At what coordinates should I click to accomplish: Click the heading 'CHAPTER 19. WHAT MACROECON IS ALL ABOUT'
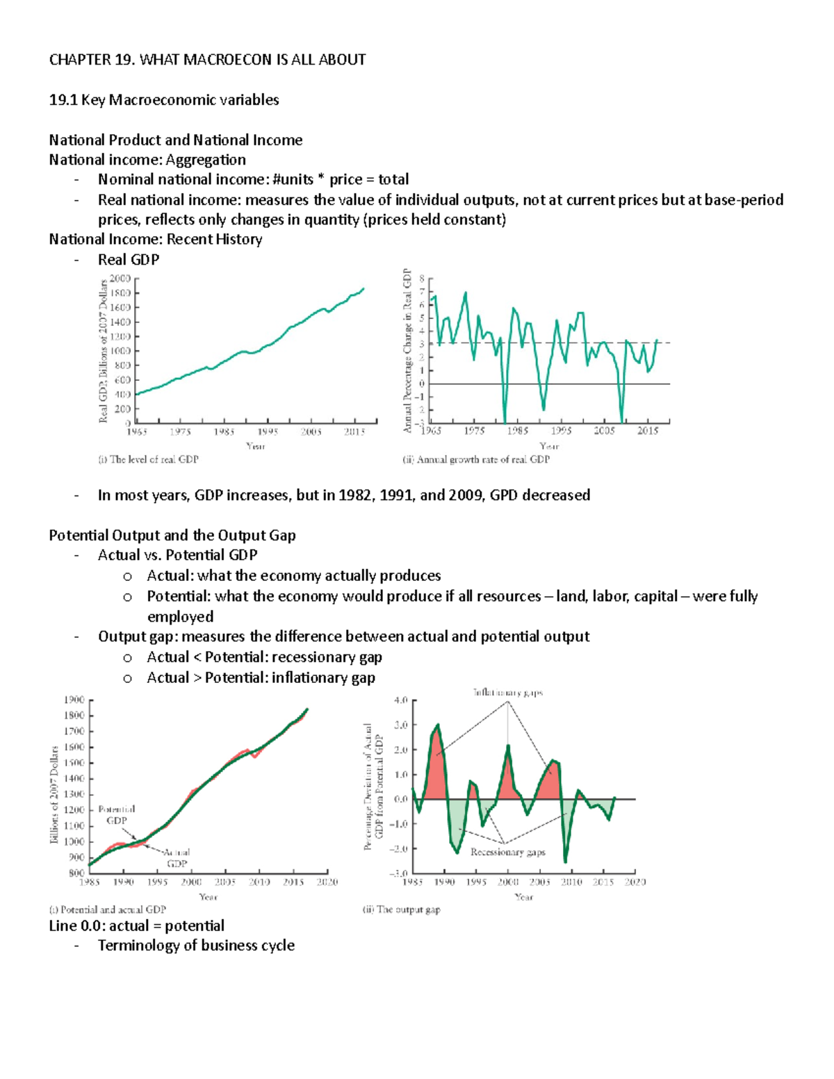[x=207, y=60]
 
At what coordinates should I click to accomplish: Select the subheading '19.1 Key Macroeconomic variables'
[x=164, y=100]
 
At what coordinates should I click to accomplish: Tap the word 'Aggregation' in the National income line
[x=206, y=160]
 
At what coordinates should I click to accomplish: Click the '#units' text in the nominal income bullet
[x=293, y=179]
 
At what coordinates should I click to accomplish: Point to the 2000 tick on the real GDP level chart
[x=120, y=279]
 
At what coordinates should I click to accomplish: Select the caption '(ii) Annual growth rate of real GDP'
[x=476, y=459]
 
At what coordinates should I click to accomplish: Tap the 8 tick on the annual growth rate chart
[x=422, y=279]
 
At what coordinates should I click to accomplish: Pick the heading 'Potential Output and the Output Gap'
[x=172, y=536]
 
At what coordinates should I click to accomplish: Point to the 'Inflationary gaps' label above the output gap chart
[x=508, y=693]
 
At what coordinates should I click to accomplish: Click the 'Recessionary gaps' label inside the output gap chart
[x=507, y=853]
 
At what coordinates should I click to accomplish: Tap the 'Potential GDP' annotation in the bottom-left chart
[x=116, y=815]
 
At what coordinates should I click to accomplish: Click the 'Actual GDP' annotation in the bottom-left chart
[x=177, y=857]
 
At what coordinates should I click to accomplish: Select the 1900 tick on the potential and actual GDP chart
[x=74, y=700]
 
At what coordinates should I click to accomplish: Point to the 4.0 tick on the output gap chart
[x=400, y=700]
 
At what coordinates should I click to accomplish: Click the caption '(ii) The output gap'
[x=401, y=909]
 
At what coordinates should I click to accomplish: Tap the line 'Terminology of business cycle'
[x=196, y=946]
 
